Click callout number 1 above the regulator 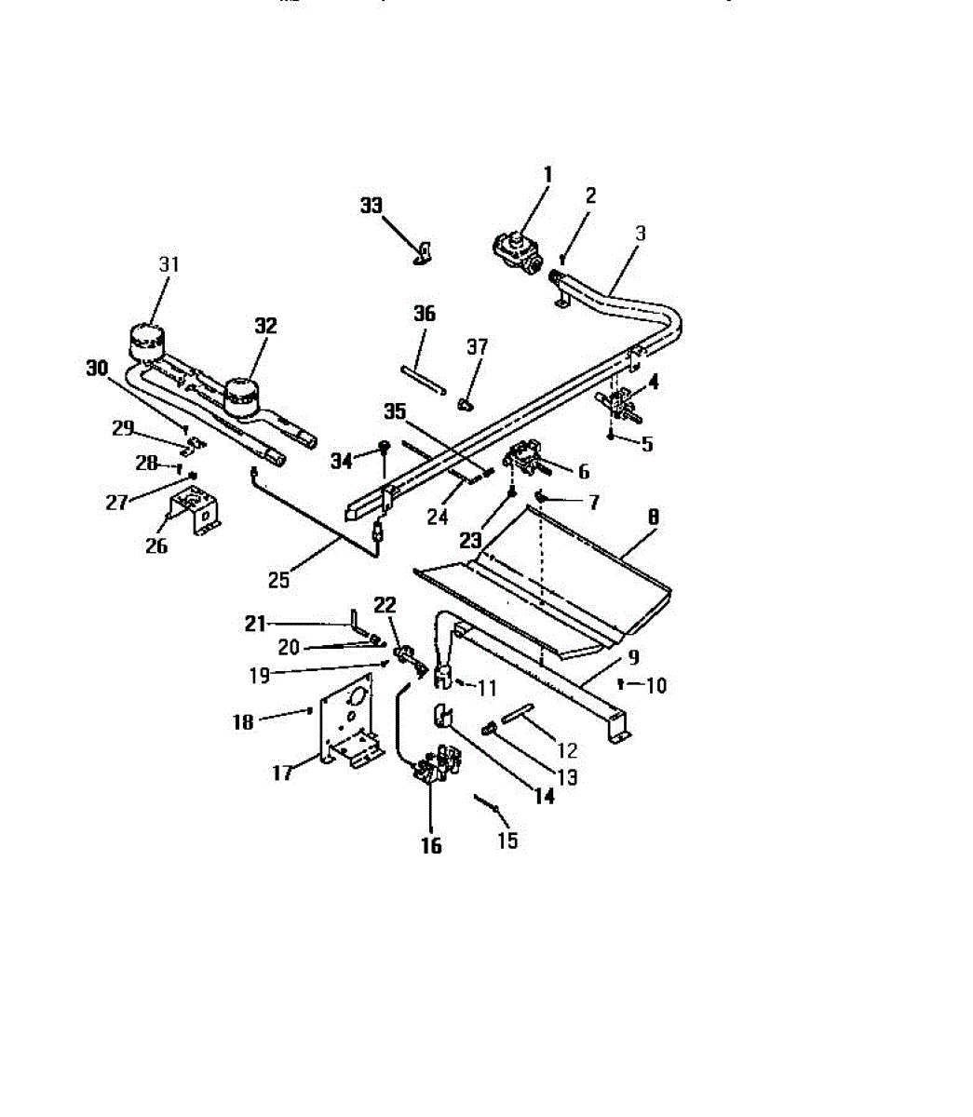coord(547,174)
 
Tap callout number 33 coord(372,206)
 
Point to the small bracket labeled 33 coord(426,253)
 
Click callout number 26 coord(155,546)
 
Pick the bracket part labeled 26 coord(193,513)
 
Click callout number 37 coord(477,347)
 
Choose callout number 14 coord(543,796)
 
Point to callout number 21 coord(255,624)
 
